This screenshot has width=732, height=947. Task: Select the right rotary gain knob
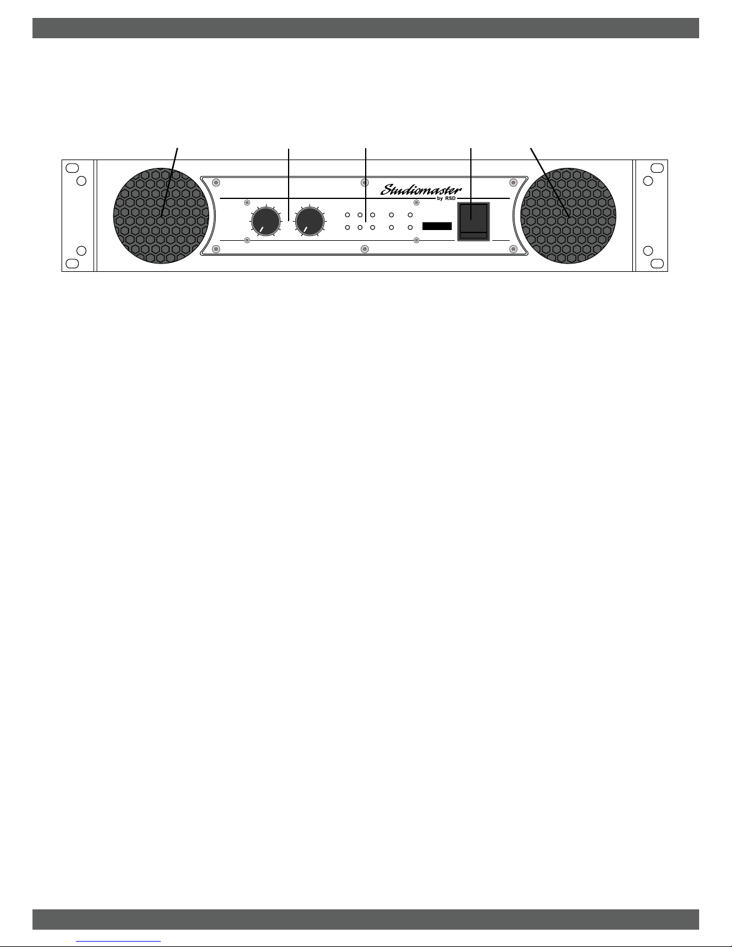[310, 222]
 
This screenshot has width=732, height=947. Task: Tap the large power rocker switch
[473, 221]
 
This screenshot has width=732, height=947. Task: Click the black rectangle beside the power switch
[437, 226]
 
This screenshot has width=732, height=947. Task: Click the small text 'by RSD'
[446, 199]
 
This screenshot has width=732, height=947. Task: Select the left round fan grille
[161, 216]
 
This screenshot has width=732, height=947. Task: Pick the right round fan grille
[568, 216]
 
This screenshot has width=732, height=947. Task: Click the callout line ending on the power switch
[471, 179]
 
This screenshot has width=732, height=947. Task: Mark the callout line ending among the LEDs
[365, 179]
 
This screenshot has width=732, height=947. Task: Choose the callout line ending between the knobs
[289, 179]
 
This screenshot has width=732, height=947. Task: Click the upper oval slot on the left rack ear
[72, 168]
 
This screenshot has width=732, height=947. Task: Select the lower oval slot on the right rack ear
[656, 263]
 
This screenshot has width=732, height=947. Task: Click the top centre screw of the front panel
[364, 182]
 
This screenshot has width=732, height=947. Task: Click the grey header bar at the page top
[365, 28]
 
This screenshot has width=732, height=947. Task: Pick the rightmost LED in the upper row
[410, 214]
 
